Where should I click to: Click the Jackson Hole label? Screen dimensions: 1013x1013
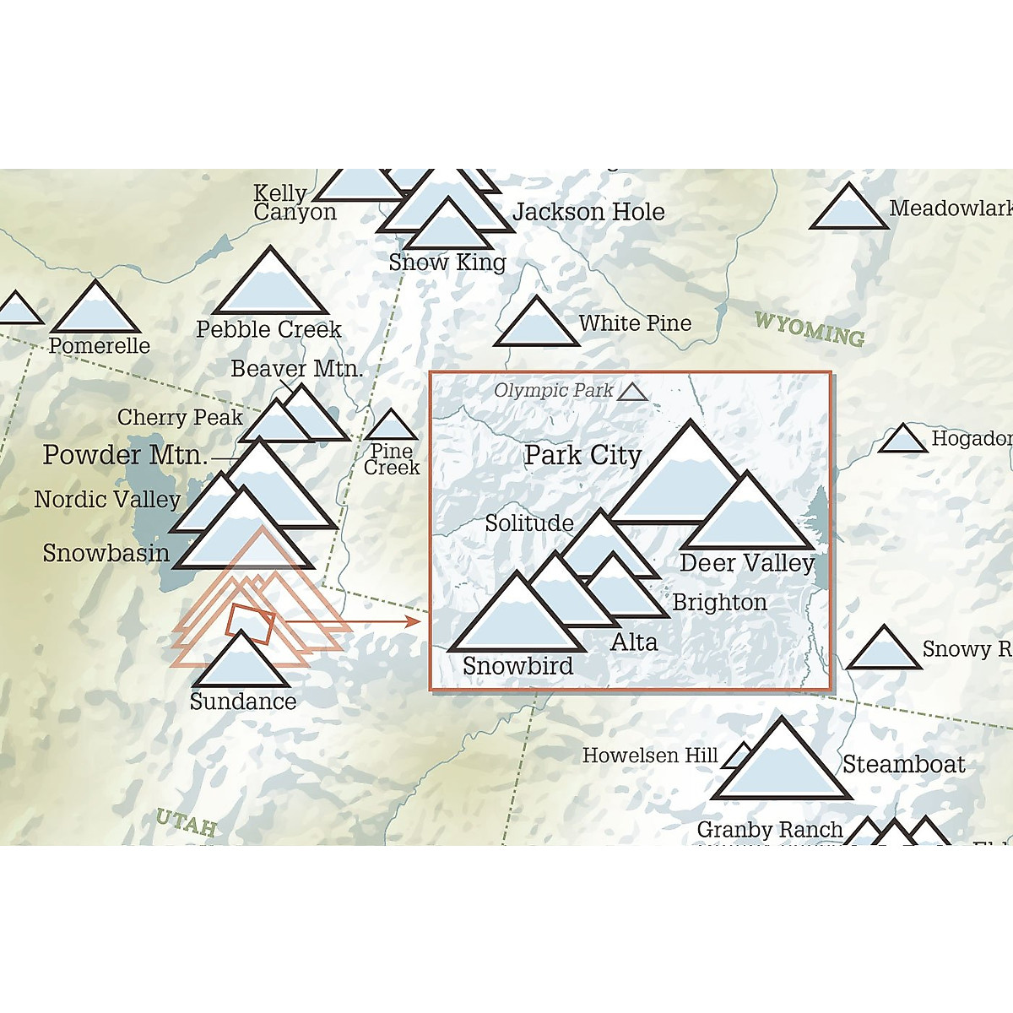coord(588,212)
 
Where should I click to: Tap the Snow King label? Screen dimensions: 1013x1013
coord(447,263)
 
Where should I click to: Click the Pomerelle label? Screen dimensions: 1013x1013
coord(100,345)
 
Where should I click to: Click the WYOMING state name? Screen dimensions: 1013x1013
coord(809,328)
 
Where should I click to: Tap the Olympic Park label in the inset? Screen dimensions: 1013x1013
coord(554,390)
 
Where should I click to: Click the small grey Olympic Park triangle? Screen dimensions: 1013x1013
coord(632,393)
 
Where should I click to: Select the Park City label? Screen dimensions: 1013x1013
coord(582,455)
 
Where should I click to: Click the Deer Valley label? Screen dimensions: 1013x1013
coord(747,563)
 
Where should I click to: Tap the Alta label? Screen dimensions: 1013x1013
coord(634,642)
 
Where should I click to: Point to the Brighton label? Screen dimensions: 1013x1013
coord(720,603)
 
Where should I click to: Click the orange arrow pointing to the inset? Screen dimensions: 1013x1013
coord(355,622)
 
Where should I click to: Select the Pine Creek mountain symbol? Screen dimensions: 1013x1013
coord(390,428)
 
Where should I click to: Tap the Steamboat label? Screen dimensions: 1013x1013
coord(903,765)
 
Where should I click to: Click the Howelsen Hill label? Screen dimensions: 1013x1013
coord(650,756)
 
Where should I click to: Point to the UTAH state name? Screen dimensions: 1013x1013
coord(187,822)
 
